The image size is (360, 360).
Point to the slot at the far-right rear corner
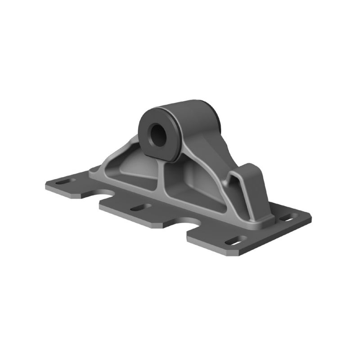tap(285, 219)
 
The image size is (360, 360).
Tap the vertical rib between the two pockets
tap(161, 180)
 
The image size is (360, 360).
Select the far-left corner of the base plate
tap(46, 184)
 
